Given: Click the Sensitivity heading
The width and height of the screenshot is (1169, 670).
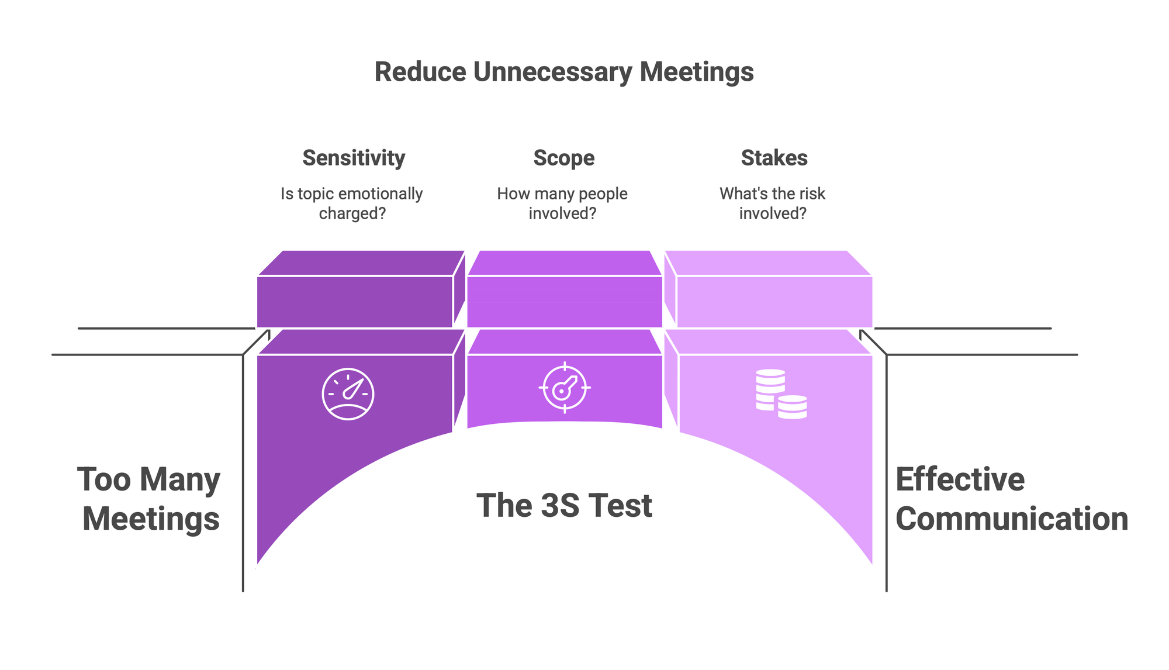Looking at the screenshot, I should tap(354, 158).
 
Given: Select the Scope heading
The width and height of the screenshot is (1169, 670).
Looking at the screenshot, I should tap(564, 158).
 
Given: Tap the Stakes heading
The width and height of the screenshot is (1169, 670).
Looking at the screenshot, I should tap(774, 158).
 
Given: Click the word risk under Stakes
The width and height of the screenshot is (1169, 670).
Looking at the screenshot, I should tap(809, 194).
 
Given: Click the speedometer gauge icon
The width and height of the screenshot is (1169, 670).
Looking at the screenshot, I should tap(348, 394).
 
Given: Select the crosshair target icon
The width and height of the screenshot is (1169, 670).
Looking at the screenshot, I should tap(564, 388).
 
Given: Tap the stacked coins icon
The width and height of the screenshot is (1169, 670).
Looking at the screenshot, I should tap(781, 393).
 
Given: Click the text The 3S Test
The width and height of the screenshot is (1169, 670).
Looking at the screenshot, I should tap(564, 506).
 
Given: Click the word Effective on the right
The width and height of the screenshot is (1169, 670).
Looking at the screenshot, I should tap(960, 480).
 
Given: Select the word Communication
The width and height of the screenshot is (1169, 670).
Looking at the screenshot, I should tap(1011, 519).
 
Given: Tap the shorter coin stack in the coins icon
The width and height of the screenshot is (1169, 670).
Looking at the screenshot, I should tap(792, 406).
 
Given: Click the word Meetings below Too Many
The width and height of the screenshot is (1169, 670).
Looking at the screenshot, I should tap(151, 519).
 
